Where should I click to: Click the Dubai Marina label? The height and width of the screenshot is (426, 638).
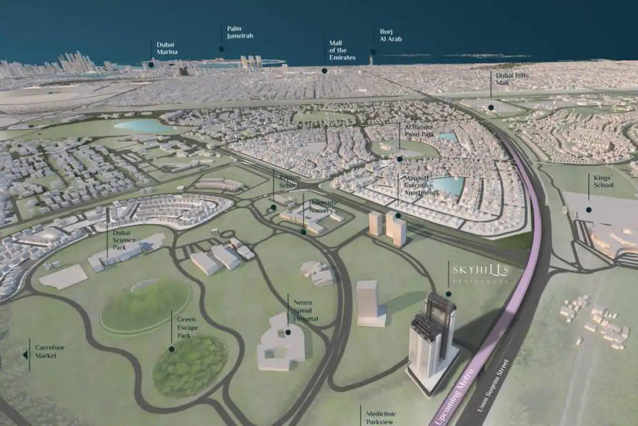click(166, 48)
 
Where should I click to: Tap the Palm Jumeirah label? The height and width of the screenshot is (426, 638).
click(240, 32)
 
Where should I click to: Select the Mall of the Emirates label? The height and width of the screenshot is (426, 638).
click(342, 50)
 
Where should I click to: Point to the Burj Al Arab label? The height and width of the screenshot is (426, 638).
click(390, 35)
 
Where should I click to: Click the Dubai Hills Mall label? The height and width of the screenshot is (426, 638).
click(511, 79)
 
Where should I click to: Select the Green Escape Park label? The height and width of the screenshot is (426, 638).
click(187, 324)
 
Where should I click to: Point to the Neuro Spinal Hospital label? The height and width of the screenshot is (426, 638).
click(306, 310)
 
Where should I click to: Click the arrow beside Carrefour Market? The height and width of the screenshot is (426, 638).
click(24, 355)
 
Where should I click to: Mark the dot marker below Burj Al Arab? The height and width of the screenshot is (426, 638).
click(373, 52)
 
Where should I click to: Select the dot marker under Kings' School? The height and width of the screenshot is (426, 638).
click(589, 210)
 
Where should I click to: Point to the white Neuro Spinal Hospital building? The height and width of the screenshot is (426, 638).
click(281, 343)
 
